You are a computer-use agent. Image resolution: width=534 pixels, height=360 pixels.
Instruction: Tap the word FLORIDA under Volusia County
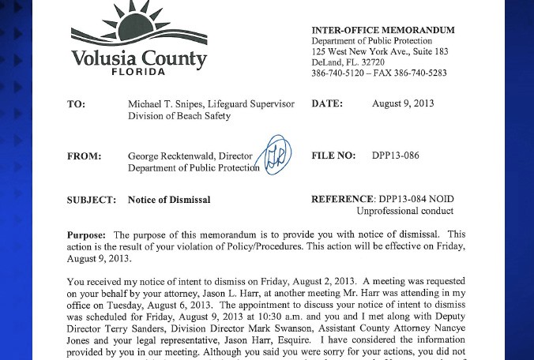tap(138, 71)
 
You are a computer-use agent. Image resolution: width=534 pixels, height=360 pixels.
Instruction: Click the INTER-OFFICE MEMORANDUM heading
tap(383, 30)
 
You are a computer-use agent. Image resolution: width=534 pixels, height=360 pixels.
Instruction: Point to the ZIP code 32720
tap(370, 62)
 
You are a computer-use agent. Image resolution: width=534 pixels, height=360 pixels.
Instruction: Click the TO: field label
tap(76, 104)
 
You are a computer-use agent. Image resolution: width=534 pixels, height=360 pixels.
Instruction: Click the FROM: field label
tap(84, 156)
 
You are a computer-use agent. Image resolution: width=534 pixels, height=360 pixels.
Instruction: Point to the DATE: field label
tap(327, 104)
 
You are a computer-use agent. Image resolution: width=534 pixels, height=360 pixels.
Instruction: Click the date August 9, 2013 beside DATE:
tap(403, 103)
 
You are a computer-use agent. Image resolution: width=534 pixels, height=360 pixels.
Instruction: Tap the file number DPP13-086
tap(396, 156)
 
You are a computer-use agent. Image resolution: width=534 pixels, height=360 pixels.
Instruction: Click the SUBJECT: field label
tap(91, 200)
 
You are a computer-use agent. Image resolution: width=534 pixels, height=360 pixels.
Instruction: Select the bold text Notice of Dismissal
tap(169, 200)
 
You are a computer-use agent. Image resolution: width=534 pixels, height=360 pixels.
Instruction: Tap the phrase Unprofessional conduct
tap(404, 212)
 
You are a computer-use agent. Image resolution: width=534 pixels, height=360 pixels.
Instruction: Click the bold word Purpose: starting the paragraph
tap(86, 235)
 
